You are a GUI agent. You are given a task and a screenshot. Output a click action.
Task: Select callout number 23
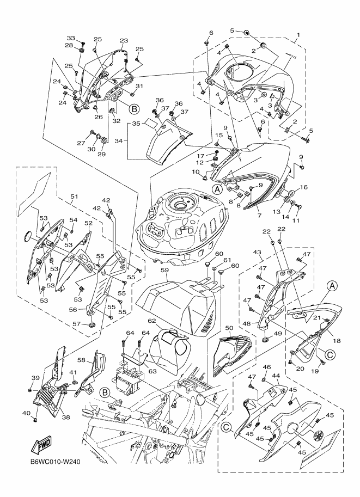pyautogui.click(x=124, y=41)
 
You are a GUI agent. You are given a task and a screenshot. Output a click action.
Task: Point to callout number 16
pyautogui.click(x=304, y=187)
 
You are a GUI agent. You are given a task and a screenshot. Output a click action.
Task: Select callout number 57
pyautogui.click(x=77, y=324)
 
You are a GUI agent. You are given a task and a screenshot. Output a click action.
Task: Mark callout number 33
pyautogui.click(x=70, y=38)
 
